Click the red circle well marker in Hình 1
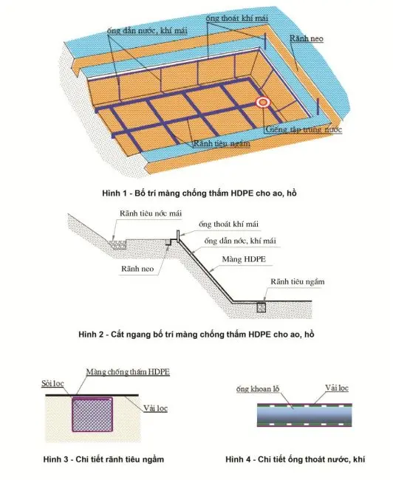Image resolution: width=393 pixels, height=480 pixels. (262, 103)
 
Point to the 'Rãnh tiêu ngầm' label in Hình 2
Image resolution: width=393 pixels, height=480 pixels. (297, 281)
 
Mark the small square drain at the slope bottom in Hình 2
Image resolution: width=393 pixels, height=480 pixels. (260, 307)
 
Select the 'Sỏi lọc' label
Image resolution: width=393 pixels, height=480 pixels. (50, 384)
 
